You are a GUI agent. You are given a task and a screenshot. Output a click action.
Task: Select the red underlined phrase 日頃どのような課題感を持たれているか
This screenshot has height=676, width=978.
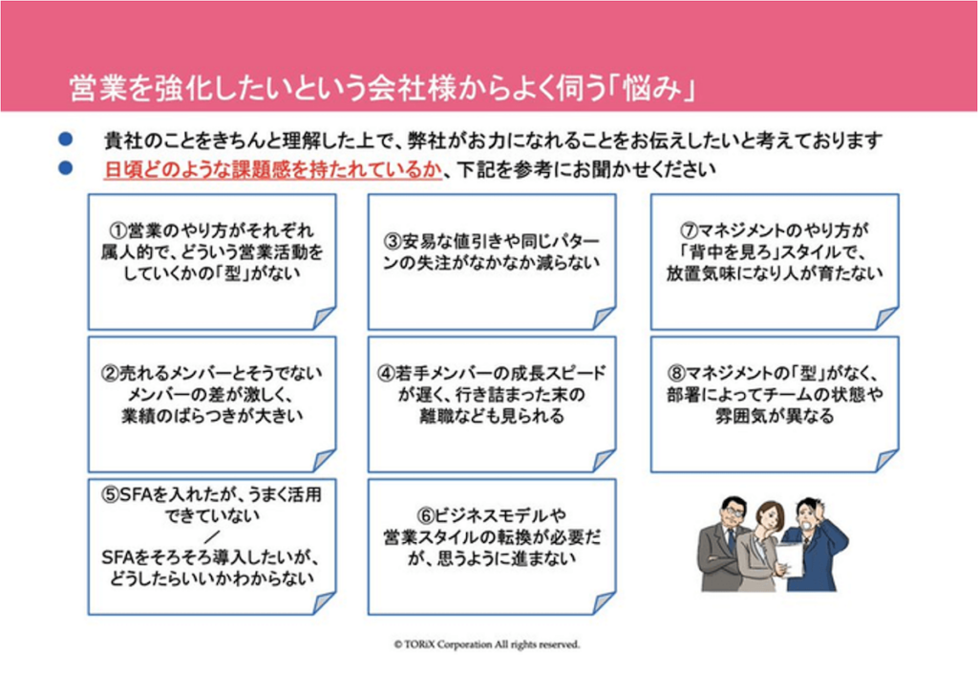coord(271,170)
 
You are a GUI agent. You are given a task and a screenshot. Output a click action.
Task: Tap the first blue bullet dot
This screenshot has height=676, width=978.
coord(66,140)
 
